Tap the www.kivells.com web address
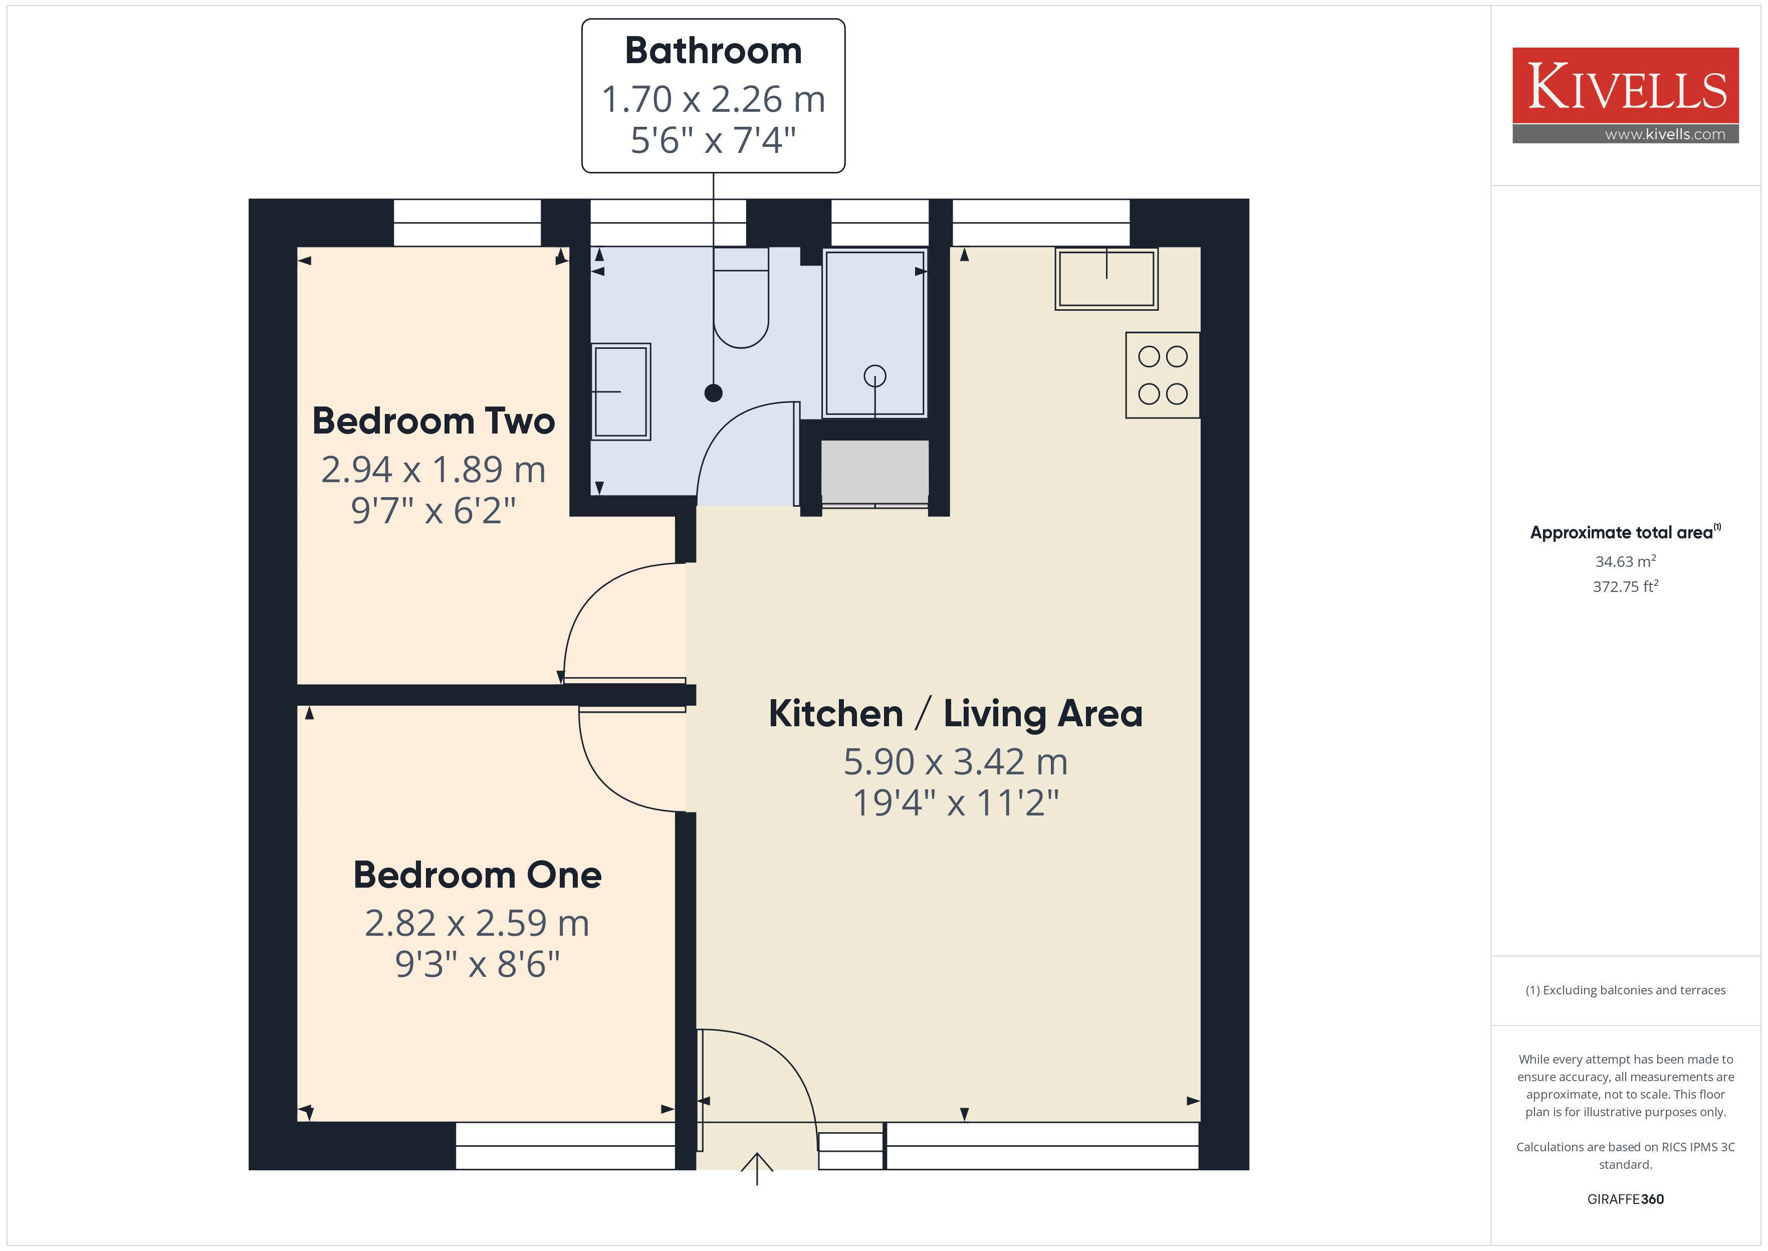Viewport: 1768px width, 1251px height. [1665, 134]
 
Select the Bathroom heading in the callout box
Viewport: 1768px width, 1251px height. [713, 51]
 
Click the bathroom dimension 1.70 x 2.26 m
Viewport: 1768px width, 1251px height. [713, 99]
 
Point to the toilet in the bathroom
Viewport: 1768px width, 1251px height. [741, 298]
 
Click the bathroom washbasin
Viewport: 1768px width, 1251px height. [620, 392]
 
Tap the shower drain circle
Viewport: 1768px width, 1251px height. [875, 376]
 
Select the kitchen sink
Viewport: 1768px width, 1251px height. [1107, 279]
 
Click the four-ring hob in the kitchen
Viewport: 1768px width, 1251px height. [1163, 375]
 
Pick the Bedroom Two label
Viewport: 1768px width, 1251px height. [433, 422]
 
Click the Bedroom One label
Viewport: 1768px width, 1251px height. [478, 875]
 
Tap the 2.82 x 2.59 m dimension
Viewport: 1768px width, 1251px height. [478, 923]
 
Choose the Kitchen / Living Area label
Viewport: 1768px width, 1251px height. [956, 713]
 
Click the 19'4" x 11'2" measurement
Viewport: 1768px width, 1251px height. [956, 802]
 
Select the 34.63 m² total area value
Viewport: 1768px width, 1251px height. [1626, 561]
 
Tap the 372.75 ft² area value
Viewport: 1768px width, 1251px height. [1626, 586]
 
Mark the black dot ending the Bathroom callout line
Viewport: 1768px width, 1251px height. [713, 393]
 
